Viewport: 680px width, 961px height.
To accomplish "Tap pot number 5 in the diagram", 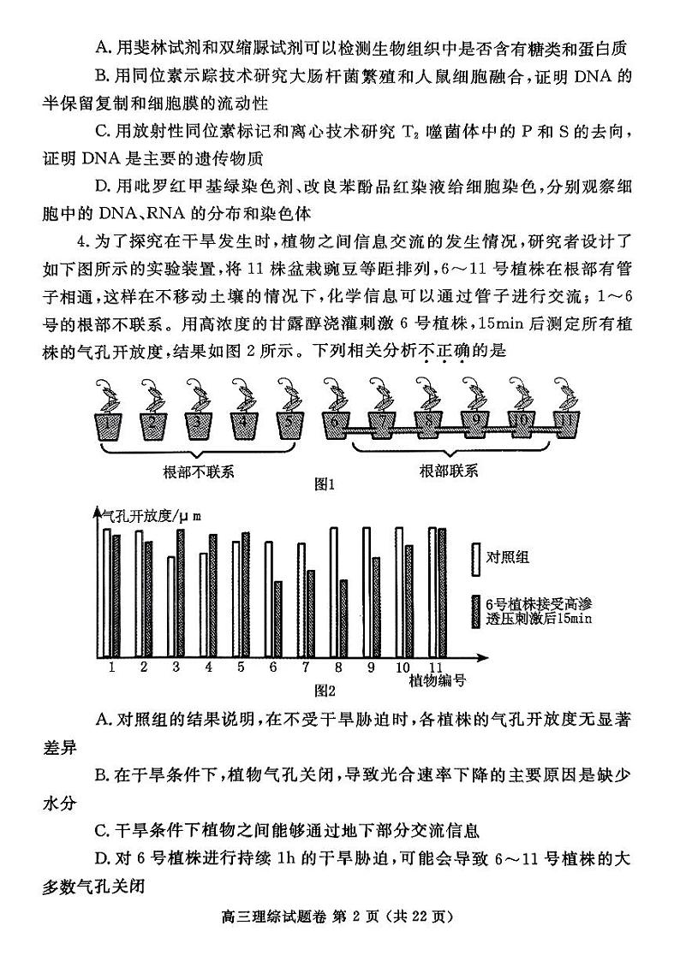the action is [290, 424].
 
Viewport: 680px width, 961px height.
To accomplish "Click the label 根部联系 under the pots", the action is [449, 472].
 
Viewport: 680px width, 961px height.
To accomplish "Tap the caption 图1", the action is [324, 484].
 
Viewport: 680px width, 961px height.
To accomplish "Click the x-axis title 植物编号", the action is [437, 680].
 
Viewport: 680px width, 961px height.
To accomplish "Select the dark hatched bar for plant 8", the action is [343, 618].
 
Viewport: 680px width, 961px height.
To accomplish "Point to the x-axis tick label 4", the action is [208, 667].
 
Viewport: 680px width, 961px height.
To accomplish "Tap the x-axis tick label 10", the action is [403, 667].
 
